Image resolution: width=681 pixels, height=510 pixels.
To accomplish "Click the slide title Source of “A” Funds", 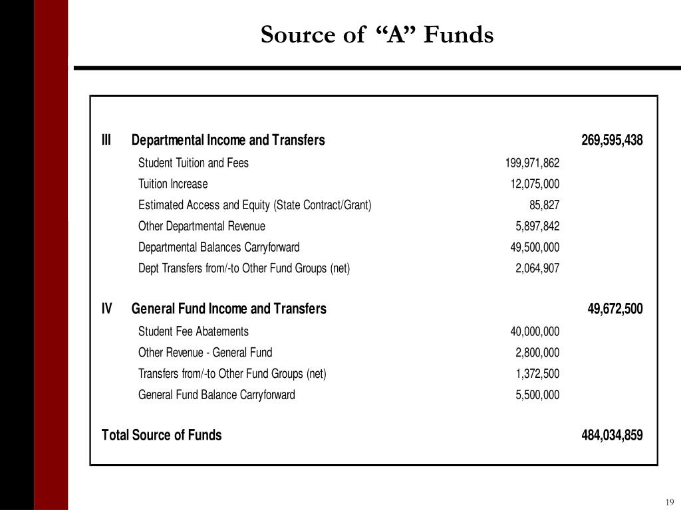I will click(377, 35).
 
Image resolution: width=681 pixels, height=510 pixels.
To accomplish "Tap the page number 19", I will click(669, 501).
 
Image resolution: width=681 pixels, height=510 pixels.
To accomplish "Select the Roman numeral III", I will click(106, 140).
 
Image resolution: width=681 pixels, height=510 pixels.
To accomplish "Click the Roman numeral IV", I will click(107, 309).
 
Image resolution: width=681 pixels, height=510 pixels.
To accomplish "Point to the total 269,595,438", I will click(612, 140).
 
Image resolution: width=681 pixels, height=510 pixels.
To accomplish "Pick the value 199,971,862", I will click(532, 163).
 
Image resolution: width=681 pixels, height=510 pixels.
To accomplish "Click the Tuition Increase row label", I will click(173, 184).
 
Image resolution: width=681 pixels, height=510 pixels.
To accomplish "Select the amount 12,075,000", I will click(535, 184).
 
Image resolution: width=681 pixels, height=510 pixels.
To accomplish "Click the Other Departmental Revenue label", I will click(202, 226).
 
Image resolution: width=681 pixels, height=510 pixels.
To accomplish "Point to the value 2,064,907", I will click(537, 269).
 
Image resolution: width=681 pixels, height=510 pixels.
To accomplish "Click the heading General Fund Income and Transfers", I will click(229, 309).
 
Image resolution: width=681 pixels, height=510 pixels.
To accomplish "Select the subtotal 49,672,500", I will click(615, 309).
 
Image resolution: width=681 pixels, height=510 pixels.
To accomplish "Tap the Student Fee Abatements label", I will click(194, 331).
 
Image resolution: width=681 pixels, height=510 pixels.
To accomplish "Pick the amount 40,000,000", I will click(535, 331).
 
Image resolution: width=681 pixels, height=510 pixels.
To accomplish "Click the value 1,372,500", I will click(537, 374).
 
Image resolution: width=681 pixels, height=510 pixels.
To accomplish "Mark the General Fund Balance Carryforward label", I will click(216, 395).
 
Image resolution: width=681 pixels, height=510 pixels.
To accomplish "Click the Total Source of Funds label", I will click(162, 435).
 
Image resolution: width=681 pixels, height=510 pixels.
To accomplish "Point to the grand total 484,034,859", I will click(612, 435).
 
